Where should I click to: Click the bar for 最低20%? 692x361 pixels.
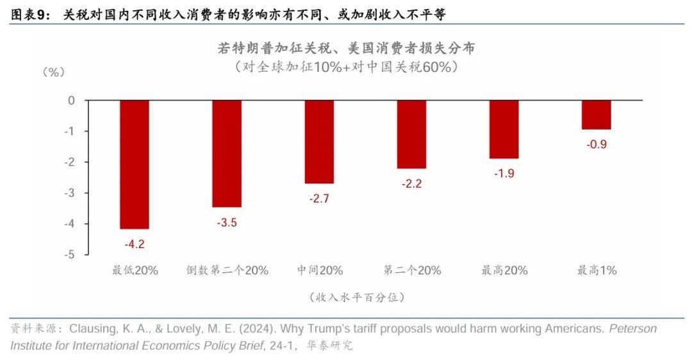[x=135, y=164]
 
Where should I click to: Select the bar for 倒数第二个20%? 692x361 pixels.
[x=227, y=153]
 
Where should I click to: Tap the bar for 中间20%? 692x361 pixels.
[x=319, y=142]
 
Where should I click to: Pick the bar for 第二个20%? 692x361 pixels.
[x=411, y=134]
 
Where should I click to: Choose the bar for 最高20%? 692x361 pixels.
[x=504, y=129]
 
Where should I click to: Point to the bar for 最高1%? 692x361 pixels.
[x=596, y=115]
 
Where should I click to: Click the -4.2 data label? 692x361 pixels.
[x=135, y=244]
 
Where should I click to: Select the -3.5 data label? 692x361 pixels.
[x=227, y=222]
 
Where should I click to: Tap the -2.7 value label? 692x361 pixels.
[x=319, y=199]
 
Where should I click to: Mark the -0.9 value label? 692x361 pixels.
[x=596, y=144]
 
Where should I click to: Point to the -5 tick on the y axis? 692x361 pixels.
[x=70, y=255]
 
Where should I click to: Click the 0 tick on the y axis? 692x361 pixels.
[x=72, y=101]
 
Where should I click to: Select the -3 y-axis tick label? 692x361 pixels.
[x=70, y=193]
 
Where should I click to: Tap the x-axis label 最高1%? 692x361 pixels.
[x=597, y=271]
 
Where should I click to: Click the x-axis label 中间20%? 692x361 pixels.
[x=320, y=271]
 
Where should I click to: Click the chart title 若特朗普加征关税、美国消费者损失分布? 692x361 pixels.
[x=346, y=49]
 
